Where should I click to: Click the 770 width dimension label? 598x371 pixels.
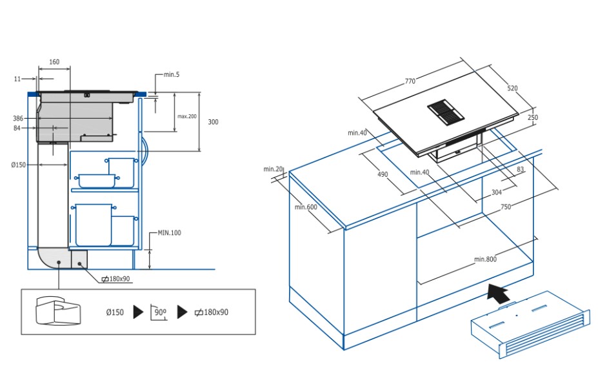410,81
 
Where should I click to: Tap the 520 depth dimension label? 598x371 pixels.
512,88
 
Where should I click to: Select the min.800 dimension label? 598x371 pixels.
485,259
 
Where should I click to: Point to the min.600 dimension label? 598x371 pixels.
306,207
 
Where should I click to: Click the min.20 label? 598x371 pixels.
273,169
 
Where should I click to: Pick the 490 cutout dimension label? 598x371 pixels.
383,175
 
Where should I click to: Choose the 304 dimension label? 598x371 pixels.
496,192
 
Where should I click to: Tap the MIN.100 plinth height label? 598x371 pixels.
169,232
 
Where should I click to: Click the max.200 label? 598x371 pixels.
187,116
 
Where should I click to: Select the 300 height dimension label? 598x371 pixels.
213,122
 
